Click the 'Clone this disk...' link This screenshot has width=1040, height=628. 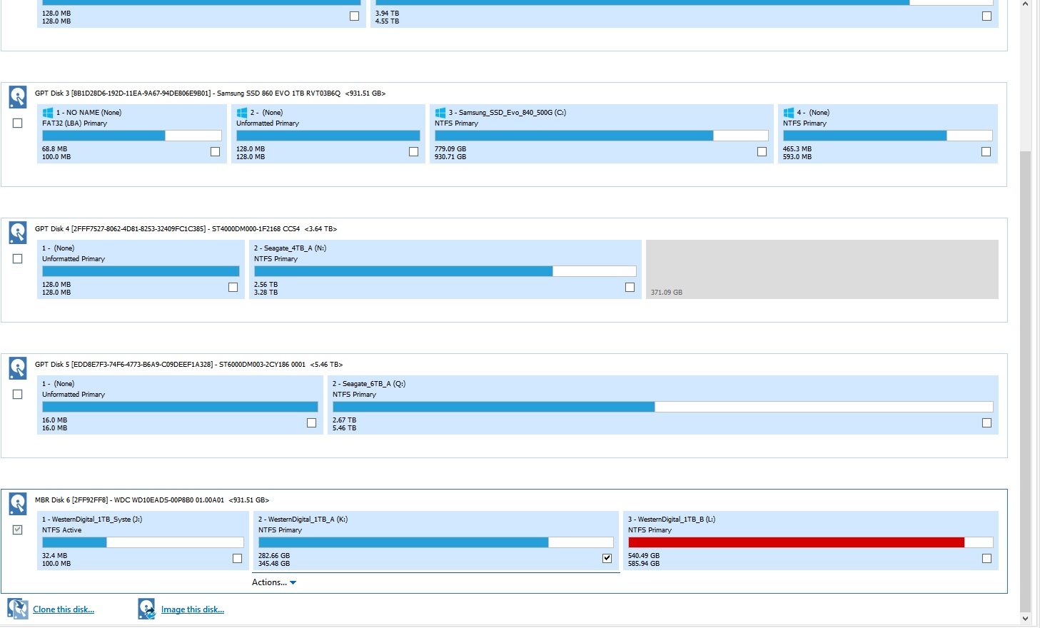tap(63, 609)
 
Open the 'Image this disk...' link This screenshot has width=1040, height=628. tap(192, 609)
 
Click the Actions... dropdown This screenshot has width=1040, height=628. tap(273, 582)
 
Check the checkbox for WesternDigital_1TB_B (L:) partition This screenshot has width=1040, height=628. tap(986, 559)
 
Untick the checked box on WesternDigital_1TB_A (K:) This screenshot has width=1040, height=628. tap(607, 559)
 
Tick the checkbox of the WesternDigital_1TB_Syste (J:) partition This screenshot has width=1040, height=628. tap(237, 559)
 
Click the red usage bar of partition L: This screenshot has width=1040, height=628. tap(796, 542)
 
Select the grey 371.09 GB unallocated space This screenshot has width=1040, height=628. tap(822, 269)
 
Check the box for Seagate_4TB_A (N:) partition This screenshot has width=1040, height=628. tap(630, 288)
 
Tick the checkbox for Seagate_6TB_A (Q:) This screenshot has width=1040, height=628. tap(986, 423)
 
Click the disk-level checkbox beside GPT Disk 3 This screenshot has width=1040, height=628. tap(18, 123)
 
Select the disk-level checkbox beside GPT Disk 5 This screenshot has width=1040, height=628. tap(18, 395)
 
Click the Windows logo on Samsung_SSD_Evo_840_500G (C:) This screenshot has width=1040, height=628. tap(440, 113)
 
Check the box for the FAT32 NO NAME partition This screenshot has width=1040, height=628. tap(215, 152)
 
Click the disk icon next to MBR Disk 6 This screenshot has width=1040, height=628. tap(18, 504)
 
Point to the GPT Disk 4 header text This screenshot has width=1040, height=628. tap(186, 229)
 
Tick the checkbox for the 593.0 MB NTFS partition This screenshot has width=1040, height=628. tap(986, 152)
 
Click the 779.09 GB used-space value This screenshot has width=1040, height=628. tap(450, 149)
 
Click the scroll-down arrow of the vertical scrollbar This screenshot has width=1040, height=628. tap(1025, 619)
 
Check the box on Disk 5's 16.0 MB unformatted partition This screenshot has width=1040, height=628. tap(311, 423)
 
